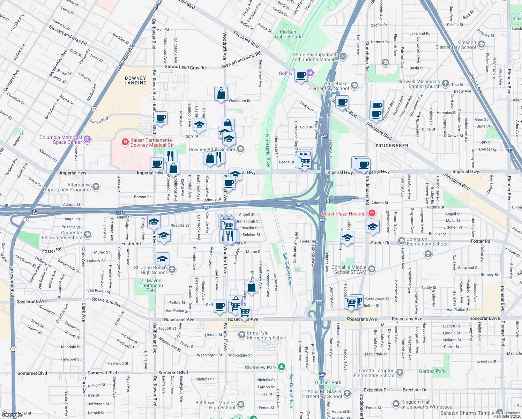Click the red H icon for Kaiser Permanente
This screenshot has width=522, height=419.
(x=125, y=142)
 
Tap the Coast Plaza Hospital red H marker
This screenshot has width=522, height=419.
(x=372, y=213)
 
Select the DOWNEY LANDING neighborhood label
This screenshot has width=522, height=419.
(x=136, y=81)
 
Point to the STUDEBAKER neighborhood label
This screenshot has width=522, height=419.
(x=392, y=146)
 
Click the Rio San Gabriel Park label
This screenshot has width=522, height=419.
(x=288, y=34)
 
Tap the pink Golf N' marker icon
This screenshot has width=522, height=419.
(x=310, y=73)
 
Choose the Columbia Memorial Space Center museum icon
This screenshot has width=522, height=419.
(x=87, y=140)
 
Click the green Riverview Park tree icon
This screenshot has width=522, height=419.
(x=282, y=367)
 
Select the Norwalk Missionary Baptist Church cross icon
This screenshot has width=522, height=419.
(x=446, y=83)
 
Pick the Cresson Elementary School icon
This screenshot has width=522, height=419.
(x=482, y=44)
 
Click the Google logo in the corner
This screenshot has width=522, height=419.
(x=12, y=414)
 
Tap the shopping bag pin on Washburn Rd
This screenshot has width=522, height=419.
(x=221, y=94)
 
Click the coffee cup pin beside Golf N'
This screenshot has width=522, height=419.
(x=301, y=75)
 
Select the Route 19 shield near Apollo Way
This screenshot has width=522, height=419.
(x=94, y=109)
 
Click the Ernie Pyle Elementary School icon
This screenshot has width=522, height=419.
(x=241, y=335)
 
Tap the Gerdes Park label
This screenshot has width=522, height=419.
(x=432, y=371)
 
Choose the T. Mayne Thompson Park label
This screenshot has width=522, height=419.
(x=151, y=285)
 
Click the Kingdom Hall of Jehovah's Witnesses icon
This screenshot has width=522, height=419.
(x=396, y=404)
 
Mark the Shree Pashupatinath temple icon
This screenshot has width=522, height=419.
(x=343, y=56)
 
